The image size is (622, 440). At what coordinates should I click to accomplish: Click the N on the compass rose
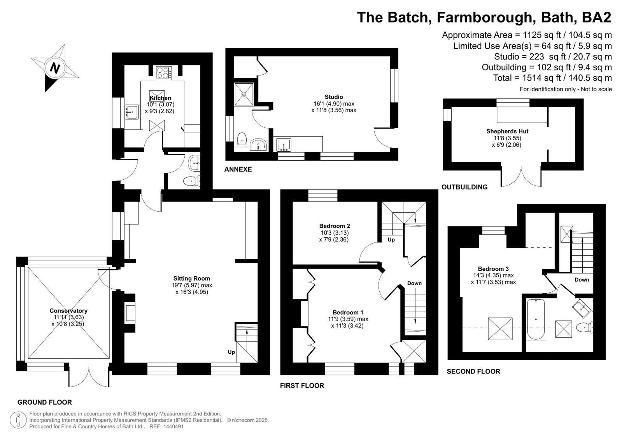tap(55, 68)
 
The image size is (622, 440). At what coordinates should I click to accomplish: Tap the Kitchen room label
tap(160, 98)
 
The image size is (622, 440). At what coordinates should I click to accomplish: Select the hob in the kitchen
tap(164, 73)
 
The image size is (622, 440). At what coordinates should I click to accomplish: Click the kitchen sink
tap(131, 112)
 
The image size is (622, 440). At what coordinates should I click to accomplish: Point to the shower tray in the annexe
tap(244, 94)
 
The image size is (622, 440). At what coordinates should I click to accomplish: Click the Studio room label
tap(334, 97)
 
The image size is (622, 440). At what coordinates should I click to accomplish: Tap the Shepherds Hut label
tap(507, 131)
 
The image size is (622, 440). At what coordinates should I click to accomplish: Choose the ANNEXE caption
tap(238, 169)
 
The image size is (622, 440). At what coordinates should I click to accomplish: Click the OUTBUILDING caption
tap(464, 187)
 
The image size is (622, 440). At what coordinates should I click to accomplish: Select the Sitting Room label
tap(192, 278)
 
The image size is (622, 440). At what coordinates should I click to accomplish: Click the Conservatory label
tap(68, 310)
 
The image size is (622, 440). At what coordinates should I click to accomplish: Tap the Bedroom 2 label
tap(334, 226)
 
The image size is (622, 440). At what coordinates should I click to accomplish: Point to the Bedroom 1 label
tap(348, 312)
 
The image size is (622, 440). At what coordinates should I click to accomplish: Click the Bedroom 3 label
tap(493, 268)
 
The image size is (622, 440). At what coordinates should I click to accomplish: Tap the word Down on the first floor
tap(414, 283)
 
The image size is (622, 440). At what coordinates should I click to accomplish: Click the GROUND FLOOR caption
tap(44, 402)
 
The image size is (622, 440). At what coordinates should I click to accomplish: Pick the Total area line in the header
tap(552, 78)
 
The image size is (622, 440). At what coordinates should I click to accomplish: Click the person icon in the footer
tap(18, 420)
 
